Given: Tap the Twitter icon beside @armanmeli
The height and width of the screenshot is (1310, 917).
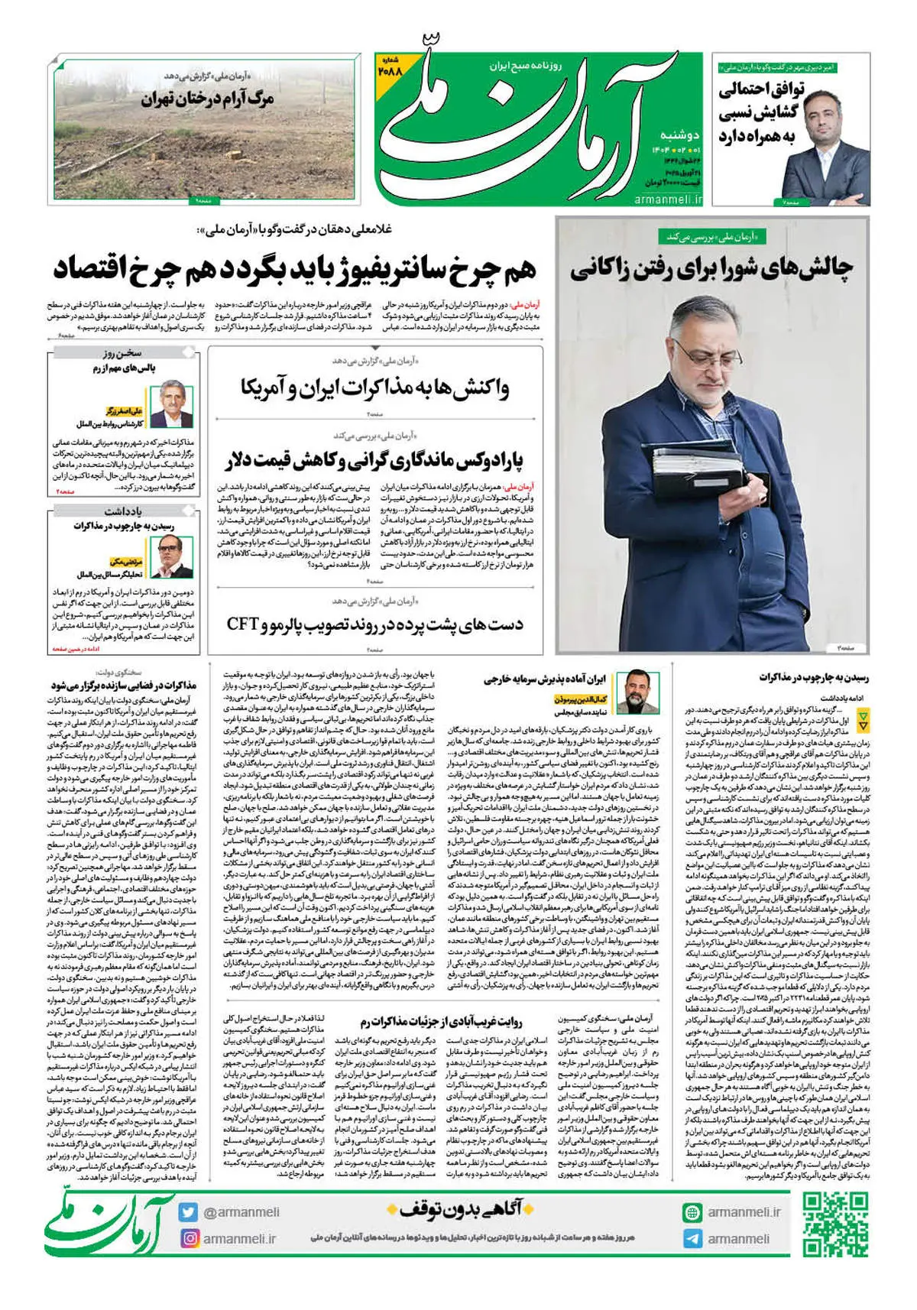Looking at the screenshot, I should (x=189, y=1212).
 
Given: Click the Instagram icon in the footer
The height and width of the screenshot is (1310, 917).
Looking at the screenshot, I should (x=189, y=1238).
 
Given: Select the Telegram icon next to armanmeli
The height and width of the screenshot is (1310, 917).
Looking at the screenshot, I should (x=692, y=1238).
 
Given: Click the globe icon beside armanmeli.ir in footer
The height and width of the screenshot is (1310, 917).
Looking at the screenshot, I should (x=692, y=1212).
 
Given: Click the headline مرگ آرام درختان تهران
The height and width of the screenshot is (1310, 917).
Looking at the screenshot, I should (x=208, y=98).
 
